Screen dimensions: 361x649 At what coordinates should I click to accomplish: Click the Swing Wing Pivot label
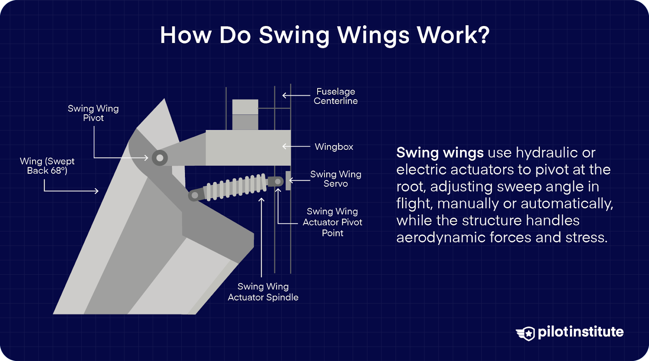point(93,113)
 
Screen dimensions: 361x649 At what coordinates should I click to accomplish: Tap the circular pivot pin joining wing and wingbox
point(159,158)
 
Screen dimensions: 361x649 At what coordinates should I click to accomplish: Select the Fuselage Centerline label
point(335,96)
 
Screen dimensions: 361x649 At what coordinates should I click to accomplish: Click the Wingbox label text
point(334,147)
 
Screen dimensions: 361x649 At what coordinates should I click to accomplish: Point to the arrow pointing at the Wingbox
point(296,146)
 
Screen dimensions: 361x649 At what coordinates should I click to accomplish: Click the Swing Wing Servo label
point(335,179)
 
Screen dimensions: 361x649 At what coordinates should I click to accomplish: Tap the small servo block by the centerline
point(288,181)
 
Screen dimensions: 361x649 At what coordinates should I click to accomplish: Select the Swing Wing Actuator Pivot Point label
point(332,222)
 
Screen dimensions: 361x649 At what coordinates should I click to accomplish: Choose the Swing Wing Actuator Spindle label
point(263,292)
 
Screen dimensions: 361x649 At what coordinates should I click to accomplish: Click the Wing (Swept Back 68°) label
point(47,166)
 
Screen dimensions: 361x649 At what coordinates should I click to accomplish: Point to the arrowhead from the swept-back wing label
point(96,191)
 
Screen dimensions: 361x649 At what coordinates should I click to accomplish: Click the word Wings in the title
point(374,35)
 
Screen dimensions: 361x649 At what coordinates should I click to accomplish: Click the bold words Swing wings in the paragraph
point(440,153)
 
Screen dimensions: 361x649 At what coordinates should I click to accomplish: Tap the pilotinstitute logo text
point(580,332)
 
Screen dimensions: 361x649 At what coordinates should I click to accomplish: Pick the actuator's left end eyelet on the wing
point(194,196)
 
